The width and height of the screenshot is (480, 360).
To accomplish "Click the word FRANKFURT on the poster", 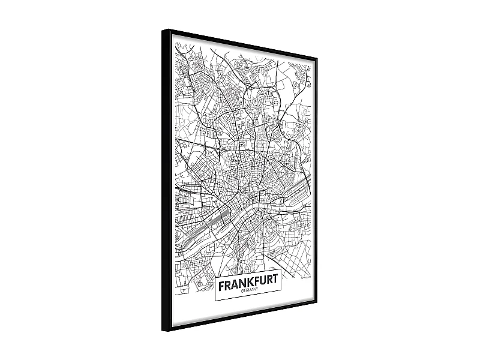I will pyautogui.click(x=248, y=282).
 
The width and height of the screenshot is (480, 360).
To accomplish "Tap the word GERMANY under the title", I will pyautogui.click(x=248, y=290).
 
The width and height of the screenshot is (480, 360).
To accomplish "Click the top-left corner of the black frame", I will pyautogui.click(x=163, y=30).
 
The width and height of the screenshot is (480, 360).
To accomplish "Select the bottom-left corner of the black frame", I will pyautogui.click(x=163, y=331).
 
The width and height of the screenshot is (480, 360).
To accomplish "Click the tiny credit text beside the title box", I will pyautogui.click(x=305, y=277).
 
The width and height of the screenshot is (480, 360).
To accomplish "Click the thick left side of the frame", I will pyautogui.click(x=166, y=180).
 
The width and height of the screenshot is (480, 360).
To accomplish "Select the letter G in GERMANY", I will pyautogui.click(x=240, y=292).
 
